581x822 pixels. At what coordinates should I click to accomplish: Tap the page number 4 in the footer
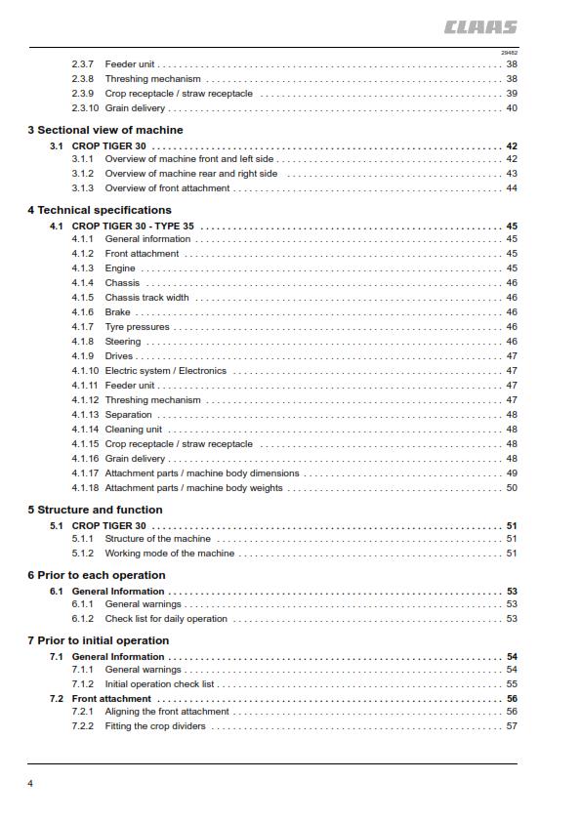pyautogui.click(x=30, y=783)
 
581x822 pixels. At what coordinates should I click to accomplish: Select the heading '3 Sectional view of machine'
pyautogui.click(x=104, y=130)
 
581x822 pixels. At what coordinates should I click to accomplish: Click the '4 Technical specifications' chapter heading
pyautogui.click(x=99, y=210)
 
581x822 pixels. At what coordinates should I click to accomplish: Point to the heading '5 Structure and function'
pyautogui.click(x=95, y=510)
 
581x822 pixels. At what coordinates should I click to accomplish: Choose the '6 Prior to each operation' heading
pyautogui.click(x=96, y=575)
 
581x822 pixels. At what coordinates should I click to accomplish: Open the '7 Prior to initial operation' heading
pyautogui.click(x=99, y=640)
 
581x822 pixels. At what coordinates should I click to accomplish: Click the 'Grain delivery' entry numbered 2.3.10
pyautogui.click(x=135, y=108)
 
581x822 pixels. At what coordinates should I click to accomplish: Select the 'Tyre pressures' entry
pyautogui.click(x=137, y=327)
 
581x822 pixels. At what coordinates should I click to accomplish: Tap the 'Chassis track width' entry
pyautogui.click(x=146, y=298)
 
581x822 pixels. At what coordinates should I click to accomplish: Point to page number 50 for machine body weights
pyautogui.click(x=512, y=488)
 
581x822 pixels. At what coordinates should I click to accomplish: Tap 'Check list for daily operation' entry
pyautogui.click(x=166, y=619)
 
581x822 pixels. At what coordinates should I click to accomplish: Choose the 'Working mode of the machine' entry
pyautogui.click(x=169, y=554)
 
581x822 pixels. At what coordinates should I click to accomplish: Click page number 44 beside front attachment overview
pyautogui.click(x=512, y=188)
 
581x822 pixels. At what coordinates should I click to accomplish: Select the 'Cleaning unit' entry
pyautogui.click(x=134, y=430)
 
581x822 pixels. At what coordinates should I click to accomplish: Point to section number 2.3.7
pyautogui.click(x=82, y=64)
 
